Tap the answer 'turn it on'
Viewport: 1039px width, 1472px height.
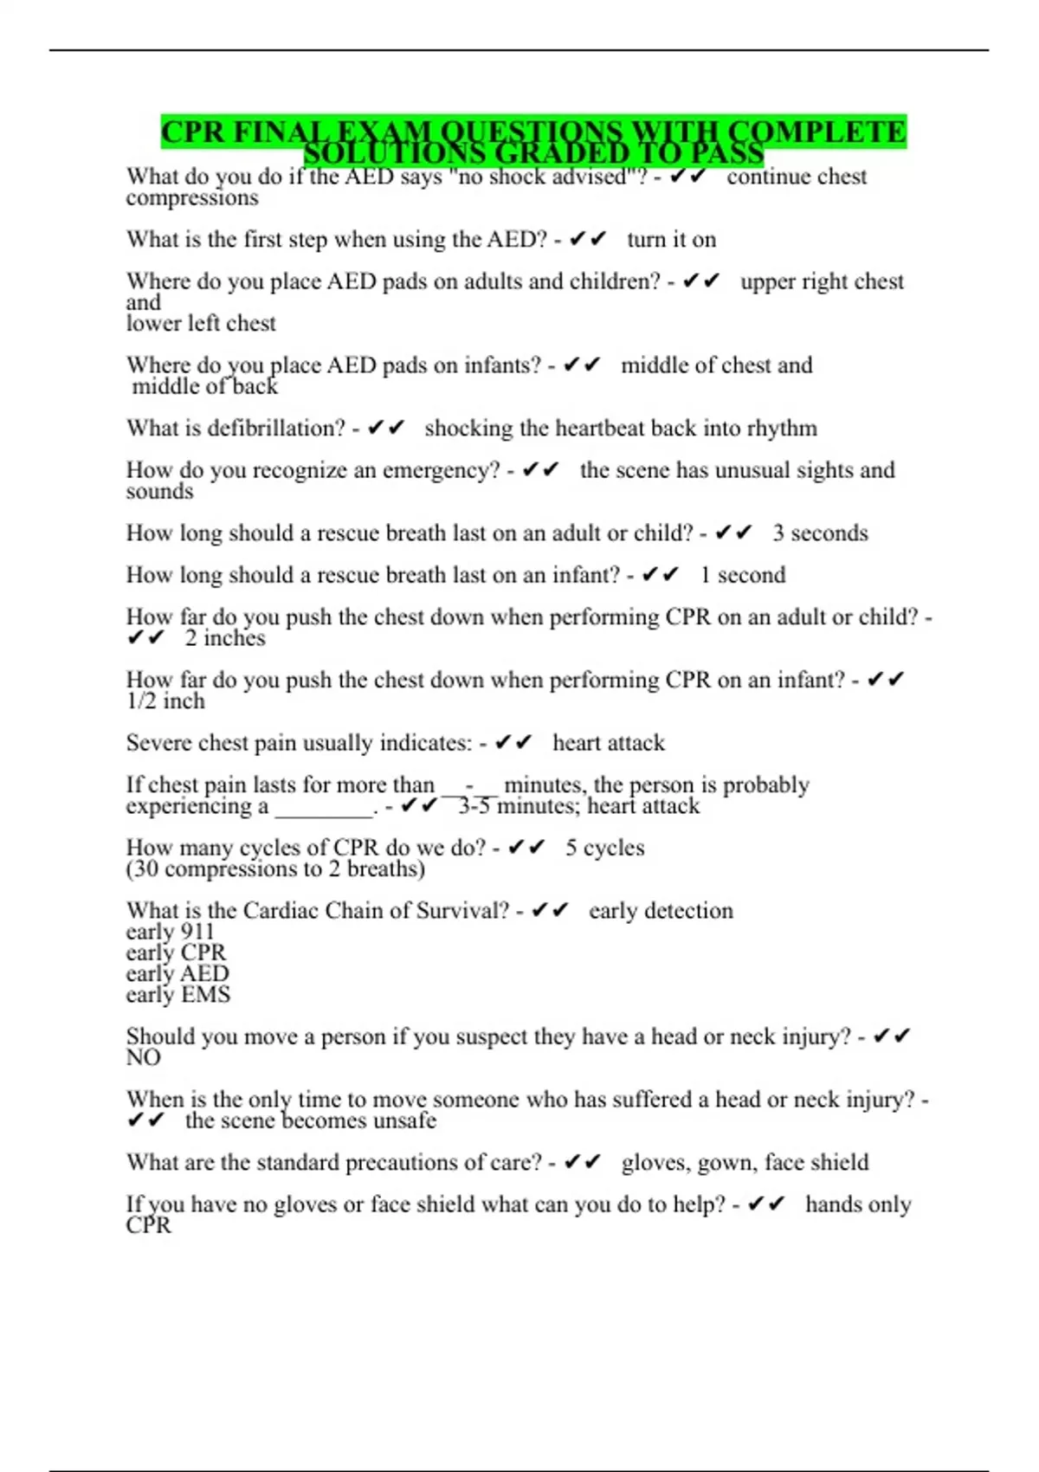(671, 240)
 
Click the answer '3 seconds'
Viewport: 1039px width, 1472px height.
(820, 533)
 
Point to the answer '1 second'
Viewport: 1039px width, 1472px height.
(742, 575)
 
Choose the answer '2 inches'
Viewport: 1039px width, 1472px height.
(224, 638)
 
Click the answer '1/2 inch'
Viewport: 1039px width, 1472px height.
(165, 701)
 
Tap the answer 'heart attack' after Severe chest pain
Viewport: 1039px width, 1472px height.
(609, 743)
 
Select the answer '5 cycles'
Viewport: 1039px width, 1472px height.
(604, 848)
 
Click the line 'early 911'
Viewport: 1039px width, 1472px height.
(170, 932)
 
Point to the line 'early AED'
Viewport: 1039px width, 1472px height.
(177, 973)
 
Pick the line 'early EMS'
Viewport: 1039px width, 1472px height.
(178, 995)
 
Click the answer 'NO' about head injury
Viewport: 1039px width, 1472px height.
(144, 1058)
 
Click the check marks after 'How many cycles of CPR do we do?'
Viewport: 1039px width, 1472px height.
(526, 848)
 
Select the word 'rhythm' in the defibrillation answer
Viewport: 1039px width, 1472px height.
(782, 429)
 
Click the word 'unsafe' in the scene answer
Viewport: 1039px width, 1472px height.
(402, 1121)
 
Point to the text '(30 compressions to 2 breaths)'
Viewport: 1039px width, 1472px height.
(275, 868)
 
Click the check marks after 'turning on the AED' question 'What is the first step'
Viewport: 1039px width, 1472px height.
(588, 240)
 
